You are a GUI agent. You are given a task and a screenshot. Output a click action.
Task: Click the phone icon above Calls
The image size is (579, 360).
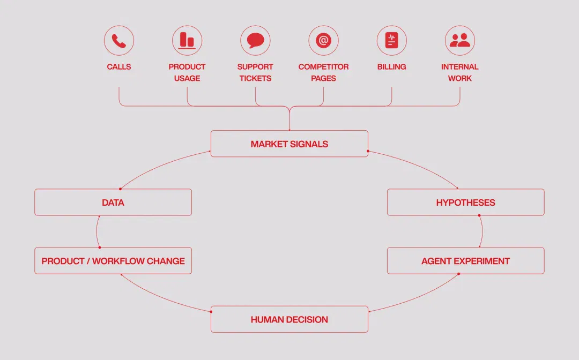click(119, 41)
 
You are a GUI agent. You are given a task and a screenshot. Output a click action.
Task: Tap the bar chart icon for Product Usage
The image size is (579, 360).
click(187, 41)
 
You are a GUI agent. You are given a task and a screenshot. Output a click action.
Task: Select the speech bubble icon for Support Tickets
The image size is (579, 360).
click(255, 41)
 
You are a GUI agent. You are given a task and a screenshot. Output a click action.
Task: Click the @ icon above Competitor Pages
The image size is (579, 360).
click(323, 41)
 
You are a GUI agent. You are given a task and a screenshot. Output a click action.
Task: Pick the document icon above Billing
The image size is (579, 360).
click(392, 41)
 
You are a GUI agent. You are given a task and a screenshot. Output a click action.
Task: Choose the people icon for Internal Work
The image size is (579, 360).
click(460, 41)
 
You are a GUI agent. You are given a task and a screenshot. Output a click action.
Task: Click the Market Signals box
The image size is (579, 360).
click(289, 144)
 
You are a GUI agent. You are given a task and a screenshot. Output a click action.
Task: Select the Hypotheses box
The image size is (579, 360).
click(466, 202)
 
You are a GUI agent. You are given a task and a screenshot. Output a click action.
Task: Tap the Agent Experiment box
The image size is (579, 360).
click(466, 261)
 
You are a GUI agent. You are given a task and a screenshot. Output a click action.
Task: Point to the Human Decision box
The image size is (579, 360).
click(289, 319)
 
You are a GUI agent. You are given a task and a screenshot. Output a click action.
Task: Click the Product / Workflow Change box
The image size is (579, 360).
click(113, 261)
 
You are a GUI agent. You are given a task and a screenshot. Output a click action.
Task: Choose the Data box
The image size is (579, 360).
click(113, 202)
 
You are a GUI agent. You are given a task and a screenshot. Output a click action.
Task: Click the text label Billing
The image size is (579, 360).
click(392, 67)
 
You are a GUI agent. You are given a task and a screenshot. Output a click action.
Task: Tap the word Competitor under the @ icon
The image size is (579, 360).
click(323, 67)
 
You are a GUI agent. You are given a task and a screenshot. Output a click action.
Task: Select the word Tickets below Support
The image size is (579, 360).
click(255, 78)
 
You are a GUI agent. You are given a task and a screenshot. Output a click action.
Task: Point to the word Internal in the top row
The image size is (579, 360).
click(460, 67)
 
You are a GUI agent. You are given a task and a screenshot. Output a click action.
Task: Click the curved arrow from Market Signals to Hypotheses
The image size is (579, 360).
click(417, 164)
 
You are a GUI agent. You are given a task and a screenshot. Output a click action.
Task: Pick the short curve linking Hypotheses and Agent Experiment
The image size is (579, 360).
click(482, 231)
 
